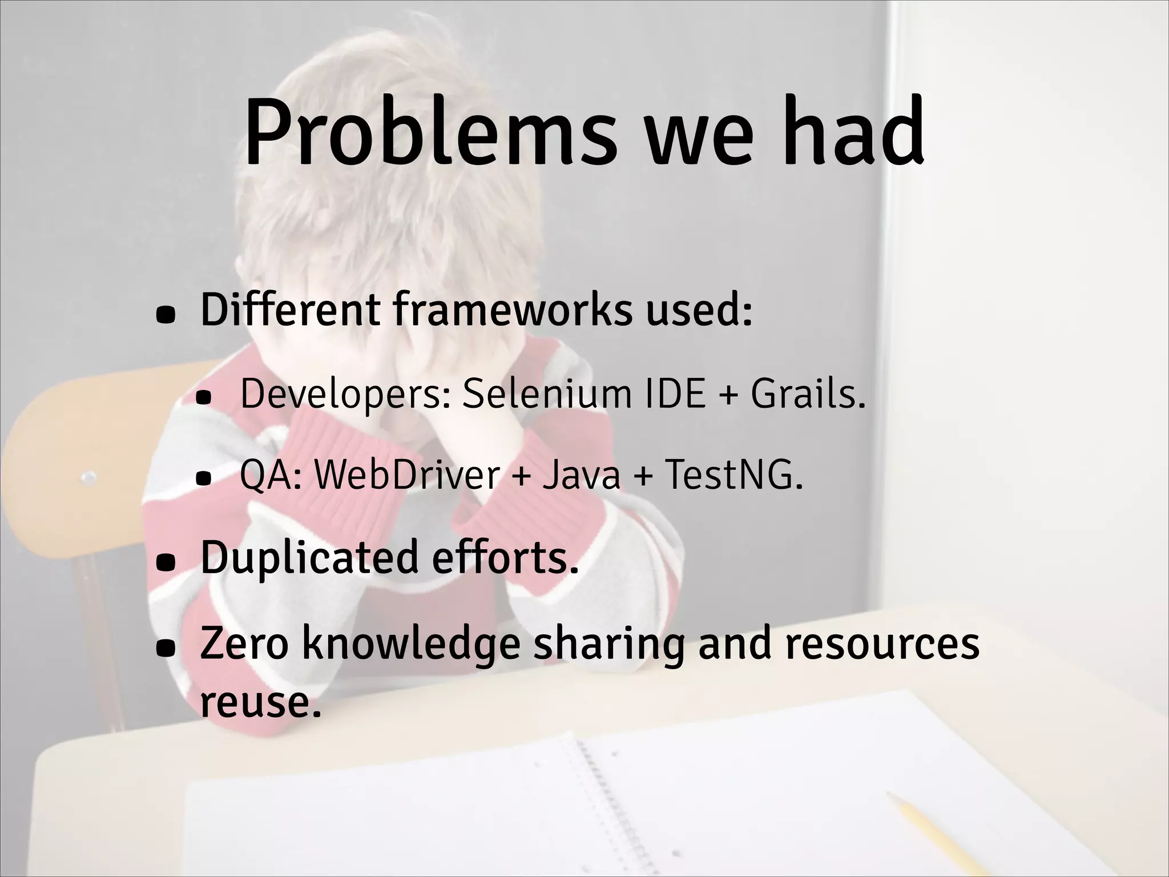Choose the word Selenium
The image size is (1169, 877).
click(547, 393)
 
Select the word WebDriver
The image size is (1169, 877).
click(407, 474)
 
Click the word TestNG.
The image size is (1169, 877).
click(733, 474)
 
